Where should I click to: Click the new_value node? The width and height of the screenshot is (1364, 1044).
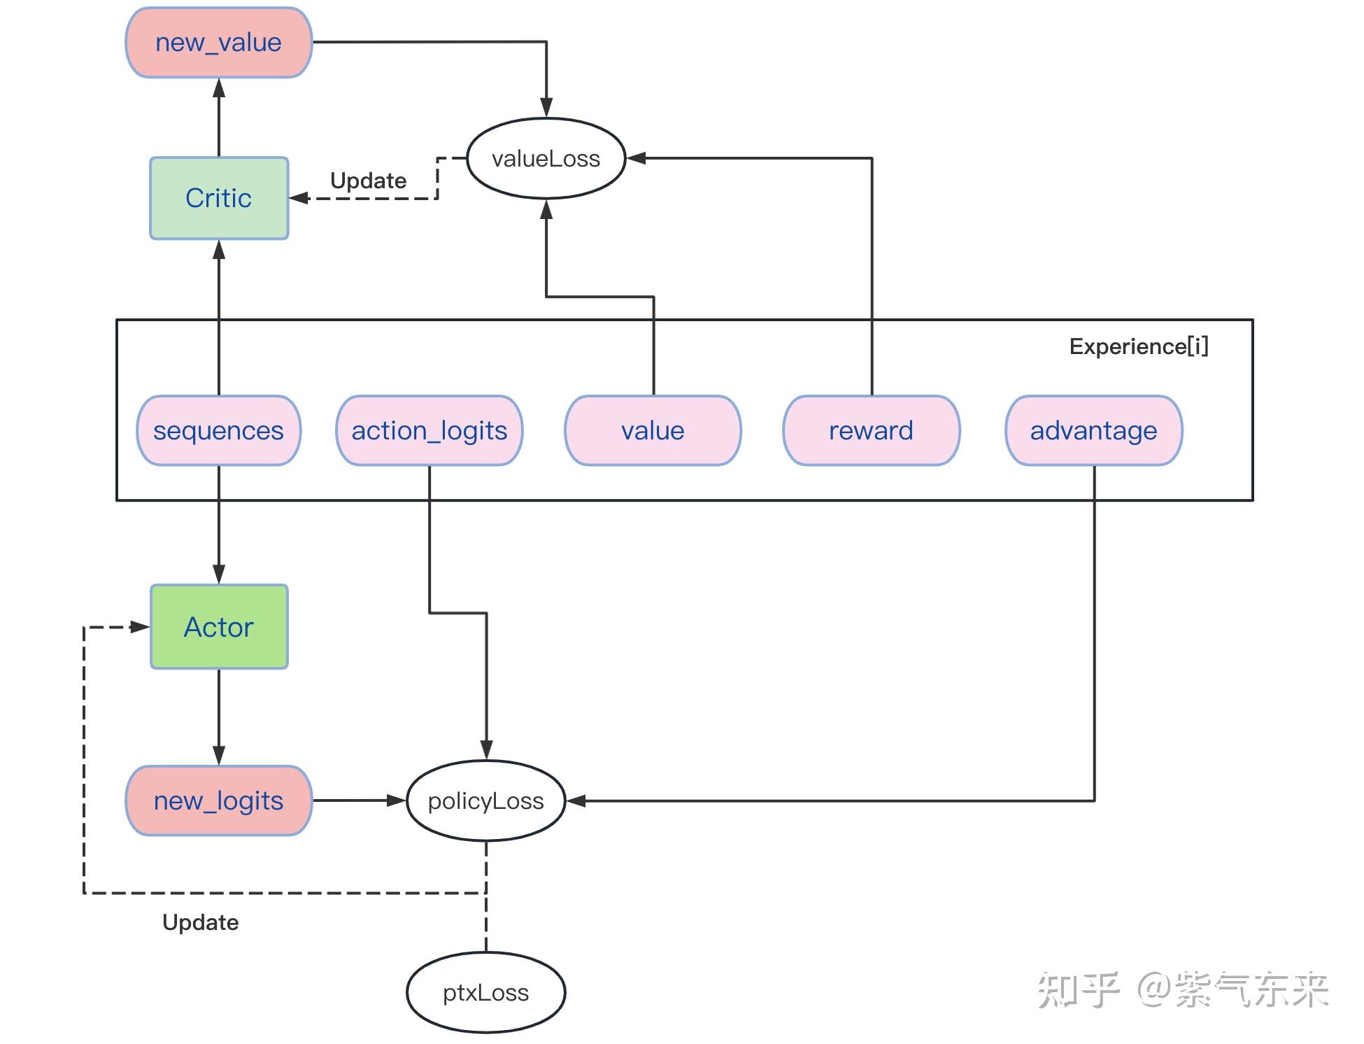(x=218, y=43)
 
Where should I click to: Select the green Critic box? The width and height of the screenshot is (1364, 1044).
(x=219, y=198)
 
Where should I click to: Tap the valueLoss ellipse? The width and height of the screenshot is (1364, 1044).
(x=546, y=159)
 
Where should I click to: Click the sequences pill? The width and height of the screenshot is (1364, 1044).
(x=218, y=430)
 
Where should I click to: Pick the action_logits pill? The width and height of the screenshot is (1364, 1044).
(x=429, y=430)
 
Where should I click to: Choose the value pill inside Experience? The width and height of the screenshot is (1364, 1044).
(x=653, y=430)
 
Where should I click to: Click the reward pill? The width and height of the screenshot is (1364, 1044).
(x=871, y=430)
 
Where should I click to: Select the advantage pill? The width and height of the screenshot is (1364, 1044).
(x=1093, y=430)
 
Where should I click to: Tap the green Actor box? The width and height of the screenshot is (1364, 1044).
(x=219, y=627)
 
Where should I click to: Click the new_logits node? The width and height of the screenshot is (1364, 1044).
(x=218, y=800)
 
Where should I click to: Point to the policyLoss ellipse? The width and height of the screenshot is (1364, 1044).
(x=485, y=800)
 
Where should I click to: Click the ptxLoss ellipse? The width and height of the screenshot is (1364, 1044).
(x=485, y=992)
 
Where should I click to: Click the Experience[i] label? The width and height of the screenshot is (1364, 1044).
(x=1138, y=346)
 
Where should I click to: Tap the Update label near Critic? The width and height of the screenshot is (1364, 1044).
(x=368, y=181)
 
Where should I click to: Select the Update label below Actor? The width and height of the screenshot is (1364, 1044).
(x=200, y=922)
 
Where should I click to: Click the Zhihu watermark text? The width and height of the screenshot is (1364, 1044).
(x=1182, y=989)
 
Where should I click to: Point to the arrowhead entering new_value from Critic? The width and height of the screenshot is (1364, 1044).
(x=219, y=87)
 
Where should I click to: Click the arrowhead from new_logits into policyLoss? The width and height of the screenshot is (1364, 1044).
(x=397, y=800)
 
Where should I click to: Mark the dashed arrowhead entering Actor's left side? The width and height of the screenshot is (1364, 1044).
(x=140, y=627)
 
